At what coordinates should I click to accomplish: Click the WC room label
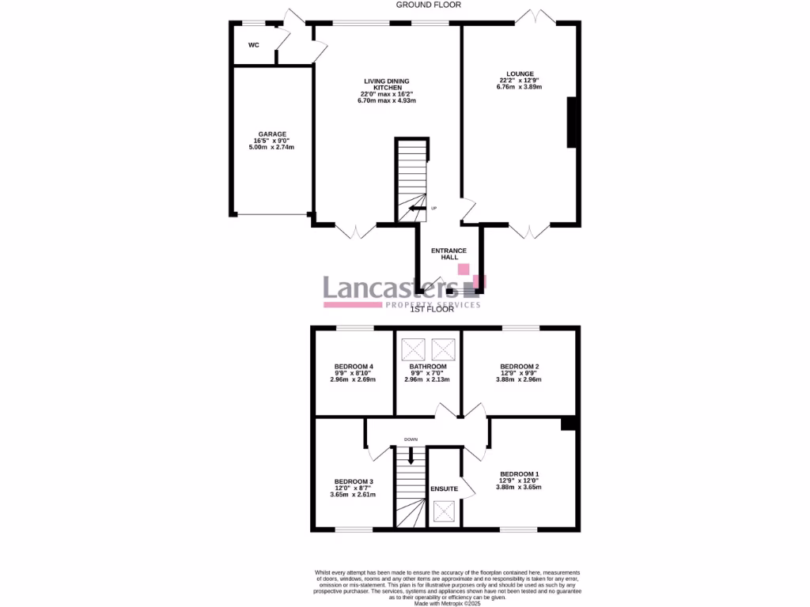254,45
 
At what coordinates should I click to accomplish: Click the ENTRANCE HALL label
449,254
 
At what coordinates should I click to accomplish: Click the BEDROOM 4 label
354,366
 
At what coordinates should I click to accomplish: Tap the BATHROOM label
428,367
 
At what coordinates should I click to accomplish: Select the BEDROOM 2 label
520,367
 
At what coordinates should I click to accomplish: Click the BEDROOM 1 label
520,473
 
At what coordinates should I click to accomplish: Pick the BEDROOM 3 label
354,481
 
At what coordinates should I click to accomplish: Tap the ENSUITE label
445,489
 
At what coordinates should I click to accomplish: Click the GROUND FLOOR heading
430,5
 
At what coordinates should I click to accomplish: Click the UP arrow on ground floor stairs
416,208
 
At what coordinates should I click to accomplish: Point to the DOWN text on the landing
411,439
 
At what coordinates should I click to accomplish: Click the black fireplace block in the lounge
571,123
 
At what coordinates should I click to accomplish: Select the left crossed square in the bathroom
413,349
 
